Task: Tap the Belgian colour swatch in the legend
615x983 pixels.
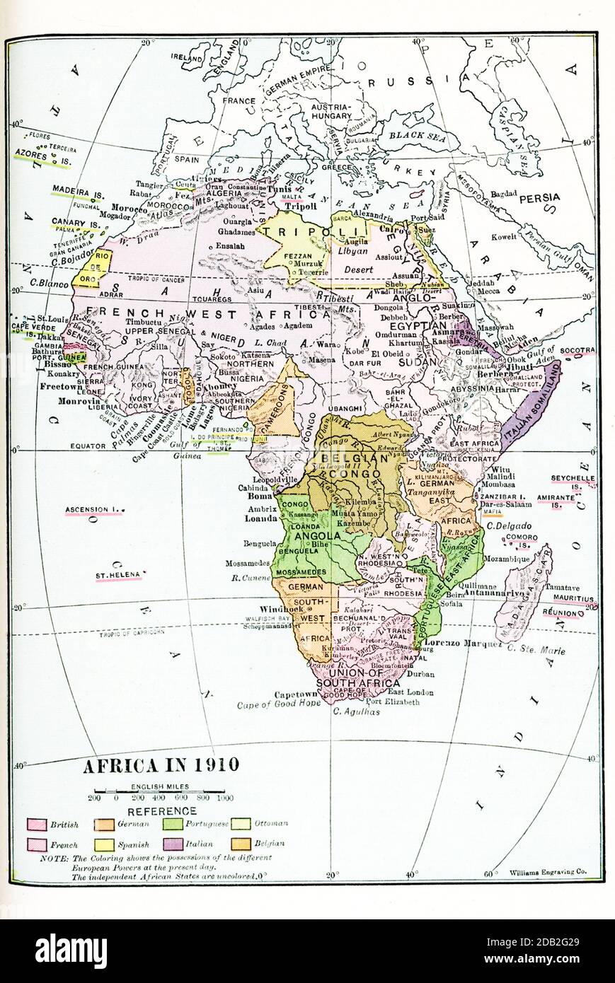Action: (241, 844)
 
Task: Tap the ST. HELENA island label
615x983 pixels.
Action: (118, 576)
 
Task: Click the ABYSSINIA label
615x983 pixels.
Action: (454, 388)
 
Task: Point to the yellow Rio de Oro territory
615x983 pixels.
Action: (99, 268)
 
